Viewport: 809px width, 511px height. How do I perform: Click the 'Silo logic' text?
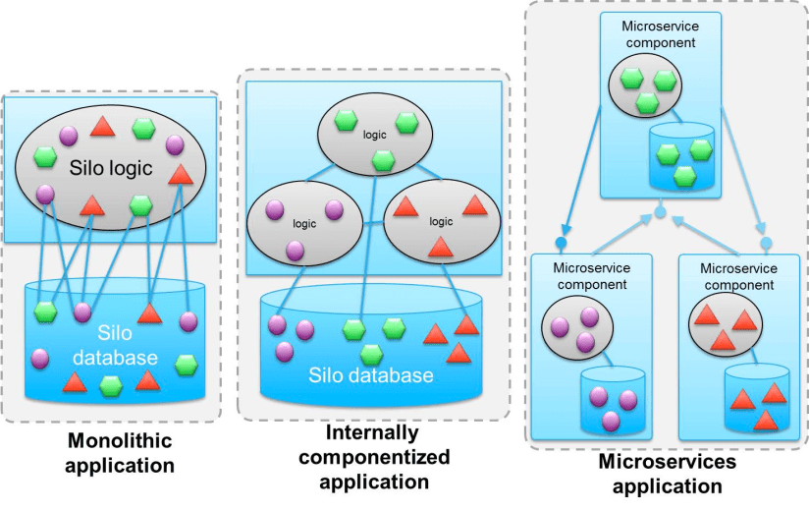[x=112, y=168]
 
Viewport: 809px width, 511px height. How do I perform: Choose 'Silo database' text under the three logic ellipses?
[x=370, y=374]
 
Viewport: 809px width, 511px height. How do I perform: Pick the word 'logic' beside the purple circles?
[x=305, y=223]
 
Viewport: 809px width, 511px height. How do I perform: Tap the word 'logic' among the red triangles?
[x=440, y=221]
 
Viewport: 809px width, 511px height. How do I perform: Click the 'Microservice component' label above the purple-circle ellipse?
[x=590, y=276]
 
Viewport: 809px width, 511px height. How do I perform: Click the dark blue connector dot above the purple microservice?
[x=562, y=242]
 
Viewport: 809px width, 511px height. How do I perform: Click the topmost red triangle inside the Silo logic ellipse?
[x=101, y=126]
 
